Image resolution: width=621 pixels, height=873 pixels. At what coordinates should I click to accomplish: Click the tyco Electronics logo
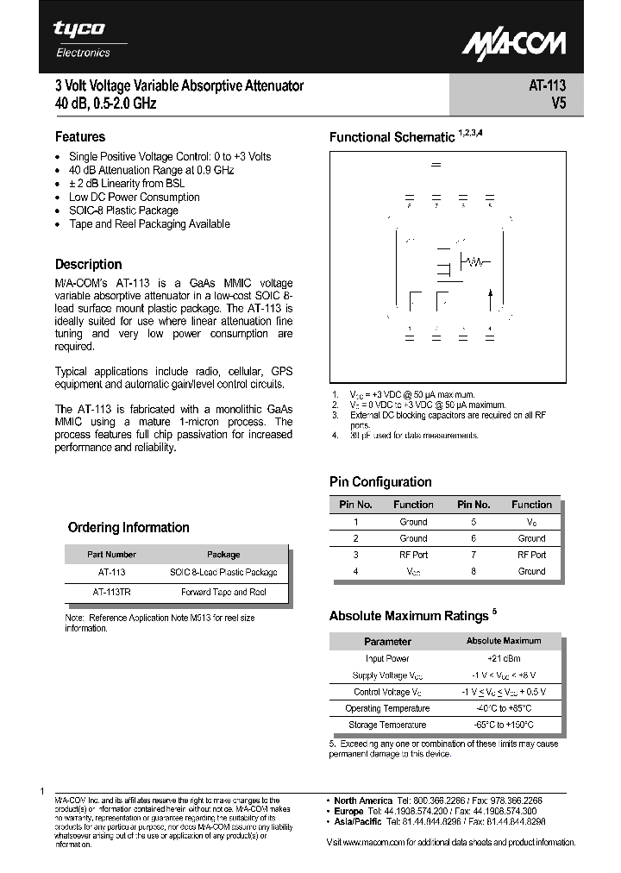click(81, 38)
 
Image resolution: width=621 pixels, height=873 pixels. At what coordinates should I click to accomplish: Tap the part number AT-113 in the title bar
click(547, 86)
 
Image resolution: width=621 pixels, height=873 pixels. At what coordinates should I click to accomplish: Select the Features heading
click(80, 136)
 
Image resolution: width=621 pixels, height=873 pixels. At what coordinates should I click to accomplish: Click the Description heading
click(88, 265)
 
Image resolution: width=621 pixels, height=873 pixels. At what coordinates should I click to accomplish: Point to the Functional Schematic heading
click(392, 137)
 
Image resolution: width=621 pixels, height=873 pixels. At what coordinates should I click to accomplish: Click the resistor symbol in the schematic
click(474, 261)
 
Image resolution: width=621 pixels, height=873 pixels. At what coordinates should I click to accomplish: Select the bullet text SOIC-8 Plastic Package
click(123, 210)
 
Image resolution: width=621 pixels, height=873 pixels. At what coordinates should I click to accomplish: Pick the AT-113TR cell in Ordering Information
click(111, 592)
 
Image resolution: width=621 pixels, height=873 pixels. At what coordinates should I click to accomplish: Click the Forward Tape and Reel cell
click(223, 592)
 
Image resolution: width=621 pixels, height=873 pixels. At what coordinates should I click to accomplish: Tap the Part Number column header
click(111, 555)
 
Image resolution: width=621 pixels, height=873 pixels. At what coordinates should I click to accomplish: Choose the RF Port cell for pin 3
click(413, 555)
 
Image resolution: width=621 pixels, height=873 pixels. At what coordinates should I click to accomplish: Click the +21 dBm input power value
click(504, 658)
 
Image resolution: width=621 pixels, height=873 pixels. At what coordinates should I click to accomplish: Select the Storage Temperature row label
click(387, 725)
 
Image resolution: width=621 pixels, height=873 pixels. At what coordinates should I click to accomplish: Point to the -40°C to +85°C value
click(504, 708)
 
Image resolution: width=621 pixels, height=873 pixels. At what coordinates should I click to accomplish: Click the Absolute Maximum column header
click(504, 641)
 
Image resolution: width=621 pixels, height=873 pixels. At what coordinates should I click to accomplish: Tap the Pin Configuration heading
click(380, 482)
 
